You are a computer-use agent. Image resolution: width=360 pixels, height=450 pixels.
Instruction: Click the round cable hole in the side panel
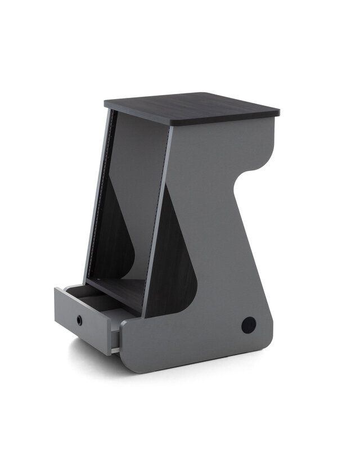(x=249, y=325)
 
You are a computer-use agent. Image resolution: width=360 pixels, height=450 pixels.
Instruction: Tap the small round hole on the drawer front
(x=80, y=320)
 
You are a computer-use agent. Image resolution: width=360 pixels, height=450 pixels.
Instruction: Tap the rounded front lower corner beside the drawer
(x=127, y=360)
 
